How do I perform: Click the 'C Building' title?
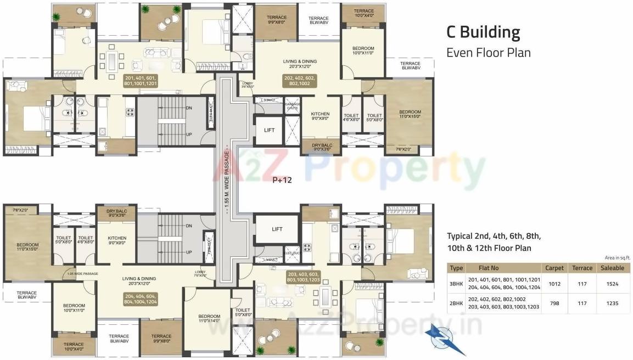coord(483,32)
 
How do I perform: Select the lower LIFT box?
coord(277,229)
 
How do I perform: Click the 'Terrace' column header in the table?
coord(582,268)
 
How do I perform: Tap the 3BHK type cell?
coord(456,284)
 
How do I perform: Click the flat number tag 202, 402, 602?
coord(299,81)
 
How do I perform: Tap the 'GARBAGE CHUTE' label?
coord(292,106)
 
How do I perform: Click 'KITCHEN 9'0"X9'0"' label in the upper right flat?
coord(320,117)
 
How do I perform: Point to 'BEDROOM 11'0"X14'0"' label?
coord(209,319)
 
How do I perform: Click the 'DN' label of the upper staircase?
coord(188,108)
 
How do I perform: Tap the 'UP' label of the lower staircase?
coord(188,252)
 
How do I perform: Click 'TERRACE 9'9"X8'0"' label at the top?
coord(277,20)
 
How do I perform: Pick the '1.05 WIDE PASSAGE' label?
coord(82,273)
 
